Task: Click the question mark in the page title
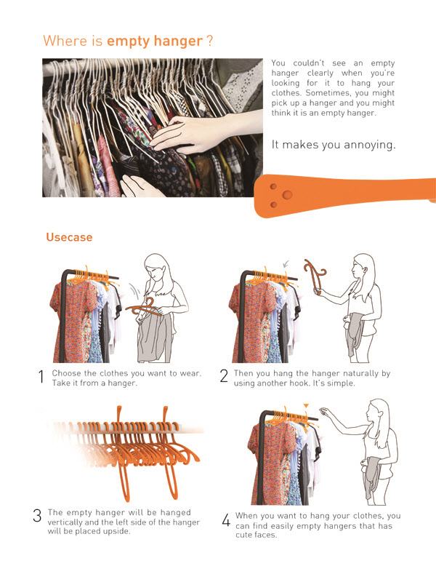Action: coord(210,41)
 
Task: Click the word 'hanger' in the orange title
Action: coord(178,41)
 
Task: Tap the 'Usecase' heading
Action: coord(69,237)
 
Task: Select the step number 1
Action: coord(41,378)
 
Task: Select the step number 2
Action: coord(224,378)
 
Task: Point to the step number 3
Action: coord(37,517)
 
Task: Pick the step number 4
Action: coord(225,520)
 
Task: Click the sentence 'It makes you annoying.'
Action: coord(334,145)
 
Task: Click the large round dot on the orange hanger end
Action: coord(288,195)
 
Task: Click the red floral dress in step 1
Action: coord(69,320)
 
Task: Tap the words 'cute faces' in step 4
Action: coord(259,535)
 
